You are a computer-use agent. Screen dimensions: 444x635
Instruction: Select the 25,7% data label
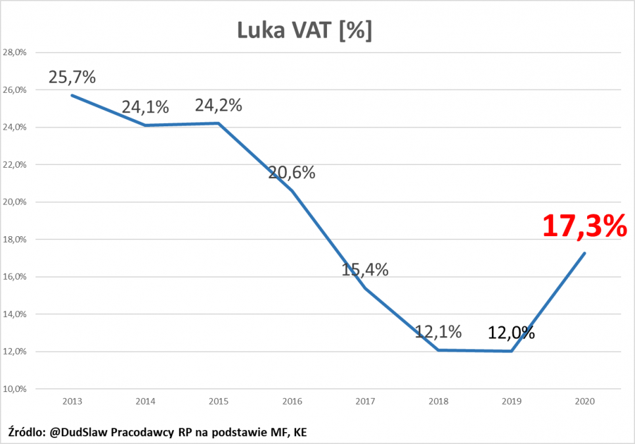click(x=72, y=77)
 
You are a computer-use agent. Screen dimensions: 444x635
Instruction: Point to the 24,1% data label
click(x=145, y=107)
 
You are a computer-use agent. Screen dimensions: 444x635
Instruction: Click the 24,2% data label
click(x=219, y=105)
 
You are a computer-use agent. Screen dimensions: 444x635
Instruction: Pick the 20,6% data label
click(x=292, y=173)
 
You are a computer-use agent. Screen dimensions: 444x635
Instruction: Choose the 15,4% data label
click(x=365, y=269)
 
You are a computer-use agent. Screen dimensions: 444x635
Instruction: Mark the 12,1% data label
click(x=438, y=332)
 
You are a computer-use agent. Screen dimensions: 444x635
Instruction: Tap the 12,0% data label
click(x=511, y=333)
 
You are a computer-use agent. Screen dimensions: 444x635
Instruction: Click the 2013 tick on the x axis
click(x=72, y=400)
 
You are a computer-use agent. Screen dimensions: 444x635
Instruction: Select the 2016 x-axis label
click(x=292, y=400)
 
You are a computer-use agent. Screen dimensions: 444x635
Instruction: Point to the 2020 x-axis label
click(x=584, y=400)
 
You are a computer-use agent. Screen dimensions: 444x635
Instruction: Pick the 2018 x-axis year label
click(x=438, y=400)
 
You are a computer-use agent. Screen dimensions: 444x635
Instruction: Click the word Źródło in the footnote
click(x=26, y=432)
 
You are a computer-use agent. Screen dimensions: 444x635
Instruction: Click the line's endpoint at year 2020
click(x=584, y=253)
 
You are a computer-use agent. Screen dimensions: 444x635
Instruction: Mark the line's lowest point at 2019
click(x=511, y=351)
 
